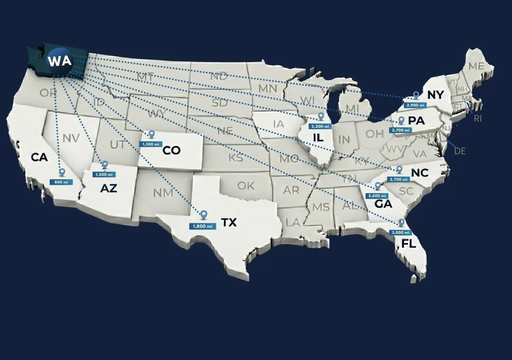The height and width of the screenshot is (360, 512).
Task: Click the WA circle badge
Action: click(x=60, y=61)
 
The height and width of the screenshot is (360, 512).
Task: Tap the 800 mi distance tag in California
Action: click(x=61, y=182)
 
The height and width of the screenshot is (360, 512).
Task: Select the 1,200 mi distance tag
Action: click(x=104, y=174)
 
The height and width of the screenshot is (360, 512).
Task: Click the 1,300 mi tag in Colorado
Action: click(x=151, y=144)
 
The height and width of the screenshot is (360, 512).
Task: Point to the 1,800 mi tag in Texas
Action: click(x=203, y=226)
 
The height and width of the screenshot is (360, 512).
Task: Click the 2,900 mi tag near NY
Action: click(x=415, y=105)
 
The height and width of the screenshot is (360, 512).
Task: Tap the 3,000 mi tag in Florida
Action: click(x=400, y=232)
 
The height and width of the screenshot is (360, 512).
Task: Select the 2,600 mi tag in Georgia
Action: click(x=377, y=196)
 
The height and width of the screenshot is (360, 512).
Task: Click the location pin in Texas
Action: click(x=204, y=215)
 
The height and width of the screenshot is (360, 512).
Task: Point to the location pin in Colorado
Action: click(x=152, y=134)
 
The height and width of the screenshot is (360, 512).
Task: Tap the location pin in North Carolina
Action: click(x=399, y=169)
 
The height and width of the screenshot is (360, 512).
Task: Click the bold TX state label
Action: click(x=229, y=222)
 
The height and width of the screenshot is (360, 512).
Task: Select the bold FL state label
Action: click(x=409, y=244)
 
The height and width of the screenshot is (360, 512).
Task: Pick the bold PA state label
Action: click(x=416, y=121)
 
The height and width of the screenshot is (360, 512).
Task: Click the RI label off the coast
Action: click(x=478, y=119)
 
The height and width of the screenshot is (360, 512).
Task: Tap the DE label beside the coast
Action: click(x=460, y=151)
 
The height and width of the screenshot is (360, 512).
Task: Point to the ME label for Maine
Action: click(x=476, y=66)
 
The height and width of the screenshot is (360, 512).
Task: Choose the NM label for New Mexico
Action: click(x=163, y=193)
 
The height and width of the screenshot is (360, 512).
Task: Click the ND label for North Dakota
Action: click(x=219, y=76)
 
